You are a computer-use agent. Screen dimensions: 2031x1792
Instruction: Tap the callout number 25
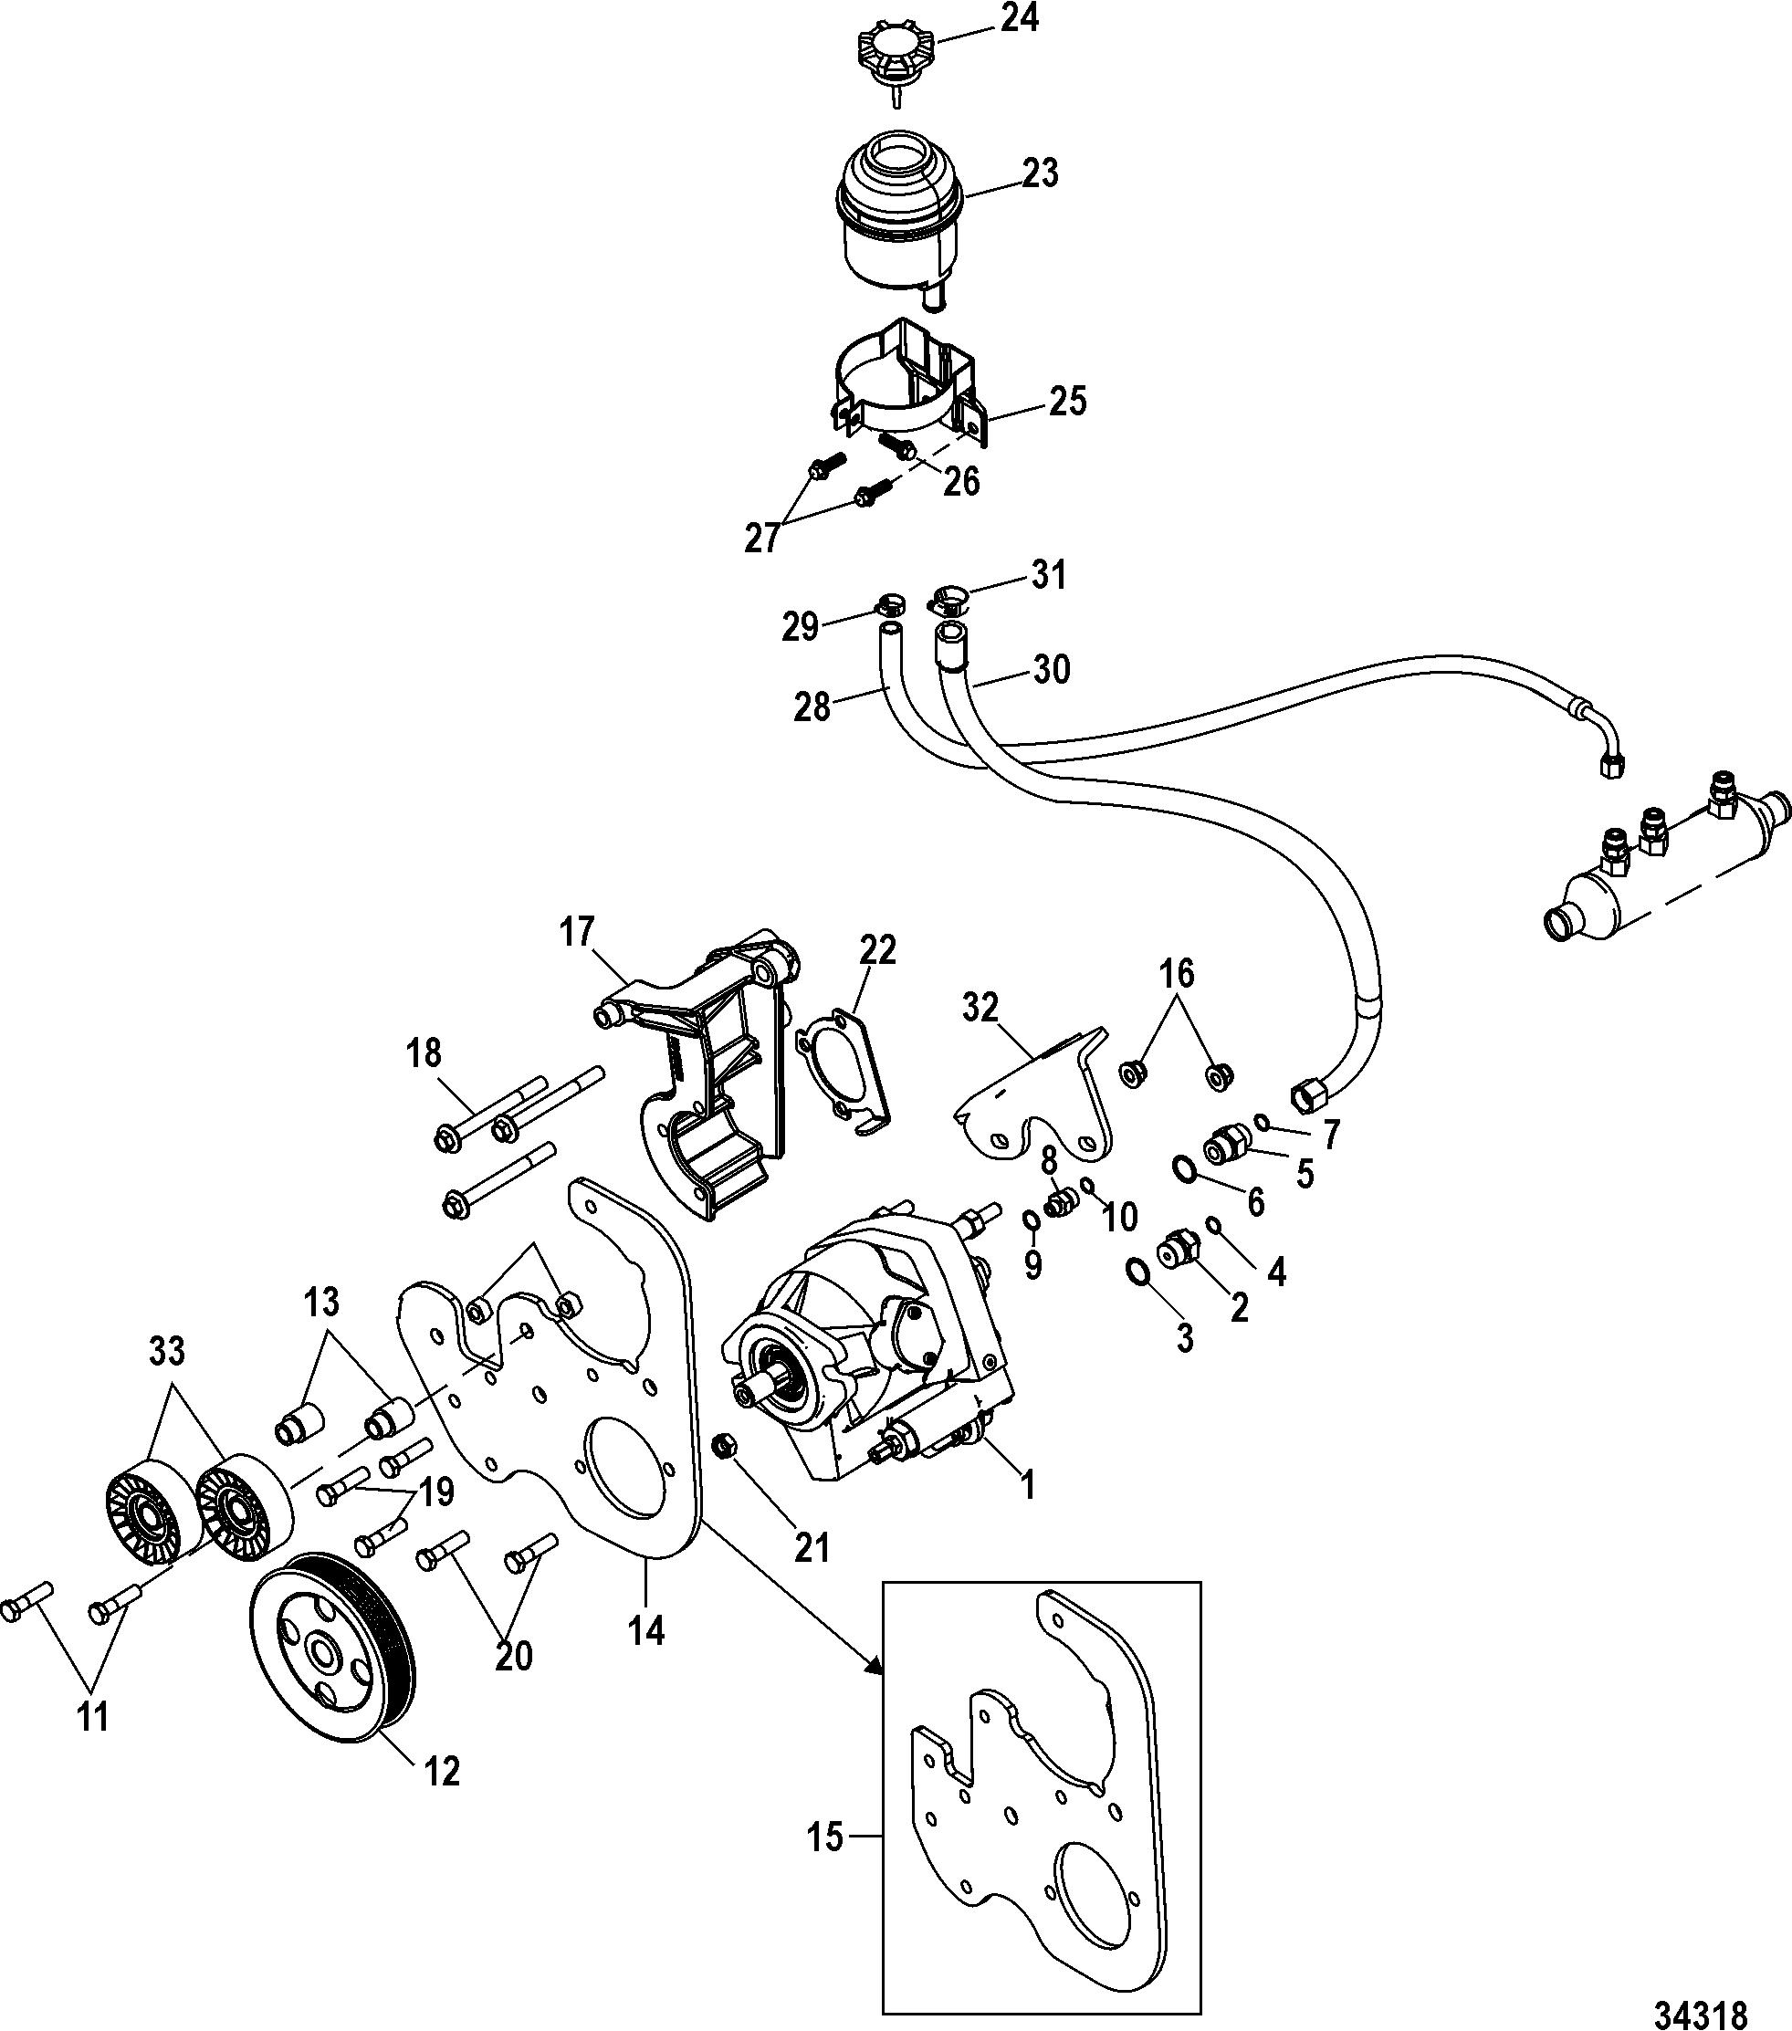[x=1067, y=402]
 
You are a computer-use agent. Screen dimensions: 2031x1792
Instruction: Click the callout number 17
[x=576, y=932]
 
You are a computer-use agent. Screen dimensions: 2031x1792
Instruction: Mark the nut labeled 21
[x=727, y=1474]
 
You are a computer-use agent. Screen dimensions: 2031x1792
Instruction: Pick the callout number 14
[x=646, y=1630]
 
